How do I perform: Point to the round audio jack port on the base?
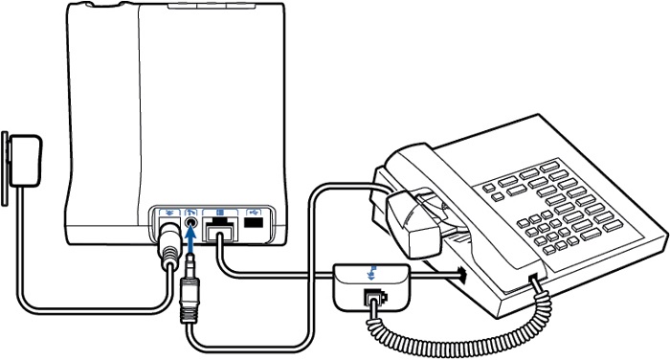[x=192, y=222]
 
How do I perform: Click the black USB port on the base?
[x=253, y=222]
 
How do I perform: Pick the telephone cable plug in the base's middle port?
[x=221, y=233]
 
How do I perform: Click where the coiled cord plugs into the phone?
[x=534, y=280]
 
